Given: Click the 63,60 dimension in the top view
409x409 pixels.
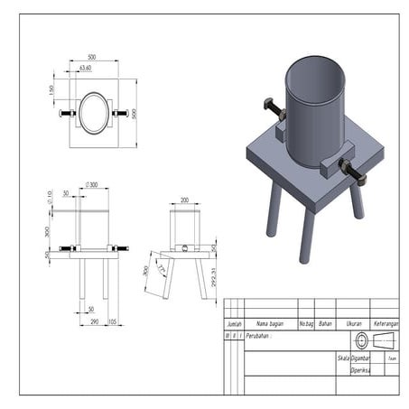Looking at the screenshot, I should (86, 68).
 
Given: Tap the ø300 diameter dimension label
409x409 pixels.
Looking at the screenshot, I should (91, 185).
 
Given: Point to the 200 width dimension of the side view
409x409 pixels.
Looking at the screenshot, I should (184, 200).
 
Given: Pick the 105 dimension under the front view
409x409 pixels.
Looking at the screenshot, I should (112, 321).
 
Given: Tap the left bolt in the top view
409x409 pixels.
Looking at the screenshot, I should (67, 113).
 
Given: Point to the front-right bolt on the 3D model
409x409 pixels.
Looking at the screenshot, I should (352, 171).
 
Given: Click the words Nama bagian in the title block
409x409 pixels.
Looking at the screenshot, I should (270, 322).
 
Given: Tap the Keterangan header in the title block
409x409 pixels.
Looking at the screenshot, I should (386, 322).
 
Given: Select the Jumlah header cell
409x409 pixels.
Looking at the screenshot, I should (233, 322).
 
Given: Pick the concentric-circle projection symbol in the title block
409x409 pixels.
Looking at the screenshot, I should (362, 340).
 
